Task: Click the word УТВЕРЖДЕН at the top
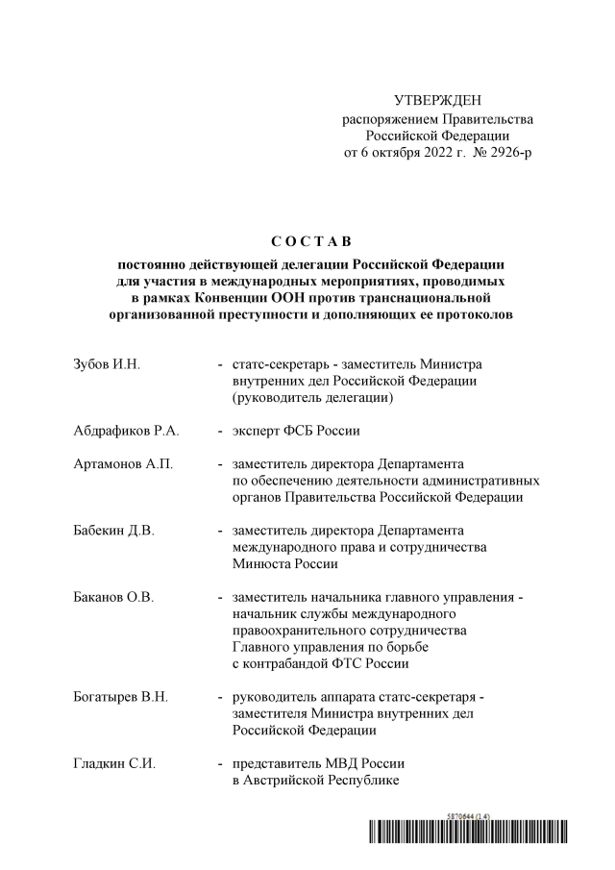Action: (x=438, y=101)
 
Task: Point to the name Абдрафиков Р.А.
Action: (x=126, y=431)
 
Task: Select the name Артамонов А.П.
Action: (x=123, y=464)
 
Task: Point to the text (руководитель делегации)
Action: (x=309, y=397)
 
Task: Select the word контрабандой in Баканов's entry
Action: (x=287, y=663)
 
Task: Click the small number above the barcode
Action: (x=470, y=816)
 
